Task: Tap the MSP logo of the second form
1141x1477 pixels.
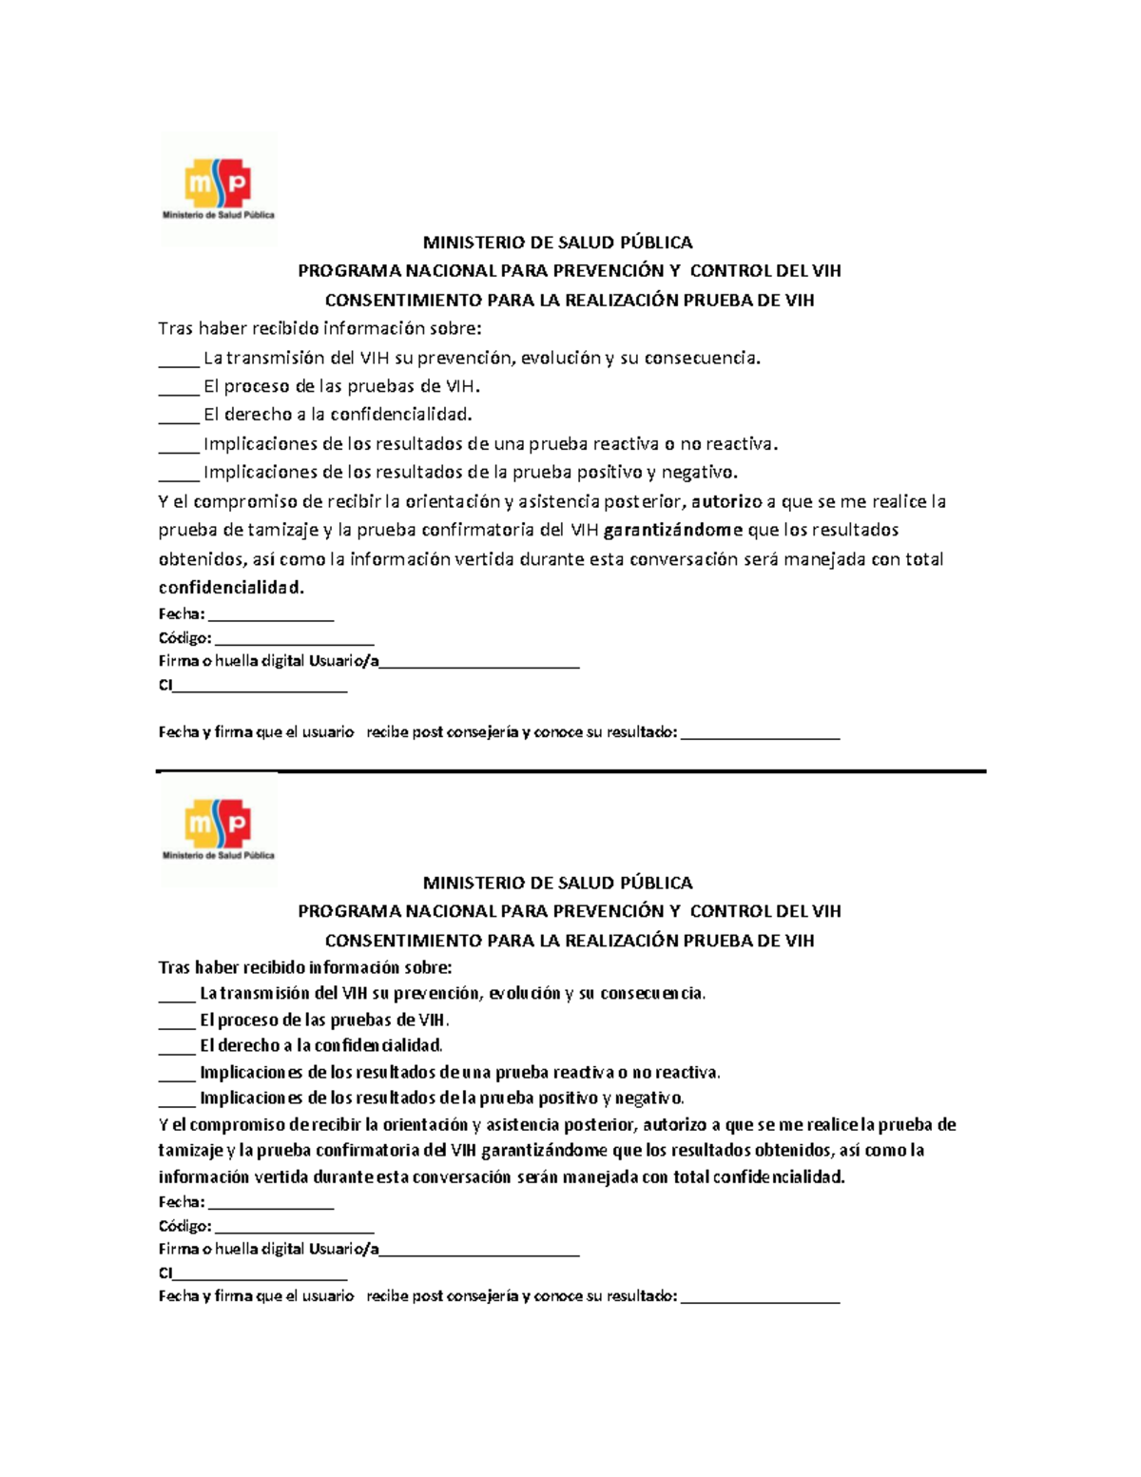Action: coord(219,828)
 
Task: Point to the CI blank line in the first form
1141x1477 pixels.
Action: coord(261,689)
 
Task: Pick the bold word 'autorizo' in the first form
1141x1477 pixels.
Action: coord(727,501)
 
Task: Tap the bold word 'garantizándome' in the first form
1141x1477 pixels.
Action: coord(673,530)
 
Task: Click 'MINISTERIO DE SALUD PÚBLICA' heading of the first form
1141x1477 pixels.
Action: coord(557,243)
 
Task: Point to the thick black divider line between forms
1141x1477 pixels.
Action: coord(570,771)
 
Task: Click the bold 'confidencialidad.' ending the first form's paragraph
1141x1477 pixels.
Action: coord(231,588)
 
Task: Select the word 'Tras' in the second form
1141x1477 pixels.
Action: coord(174,968)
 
